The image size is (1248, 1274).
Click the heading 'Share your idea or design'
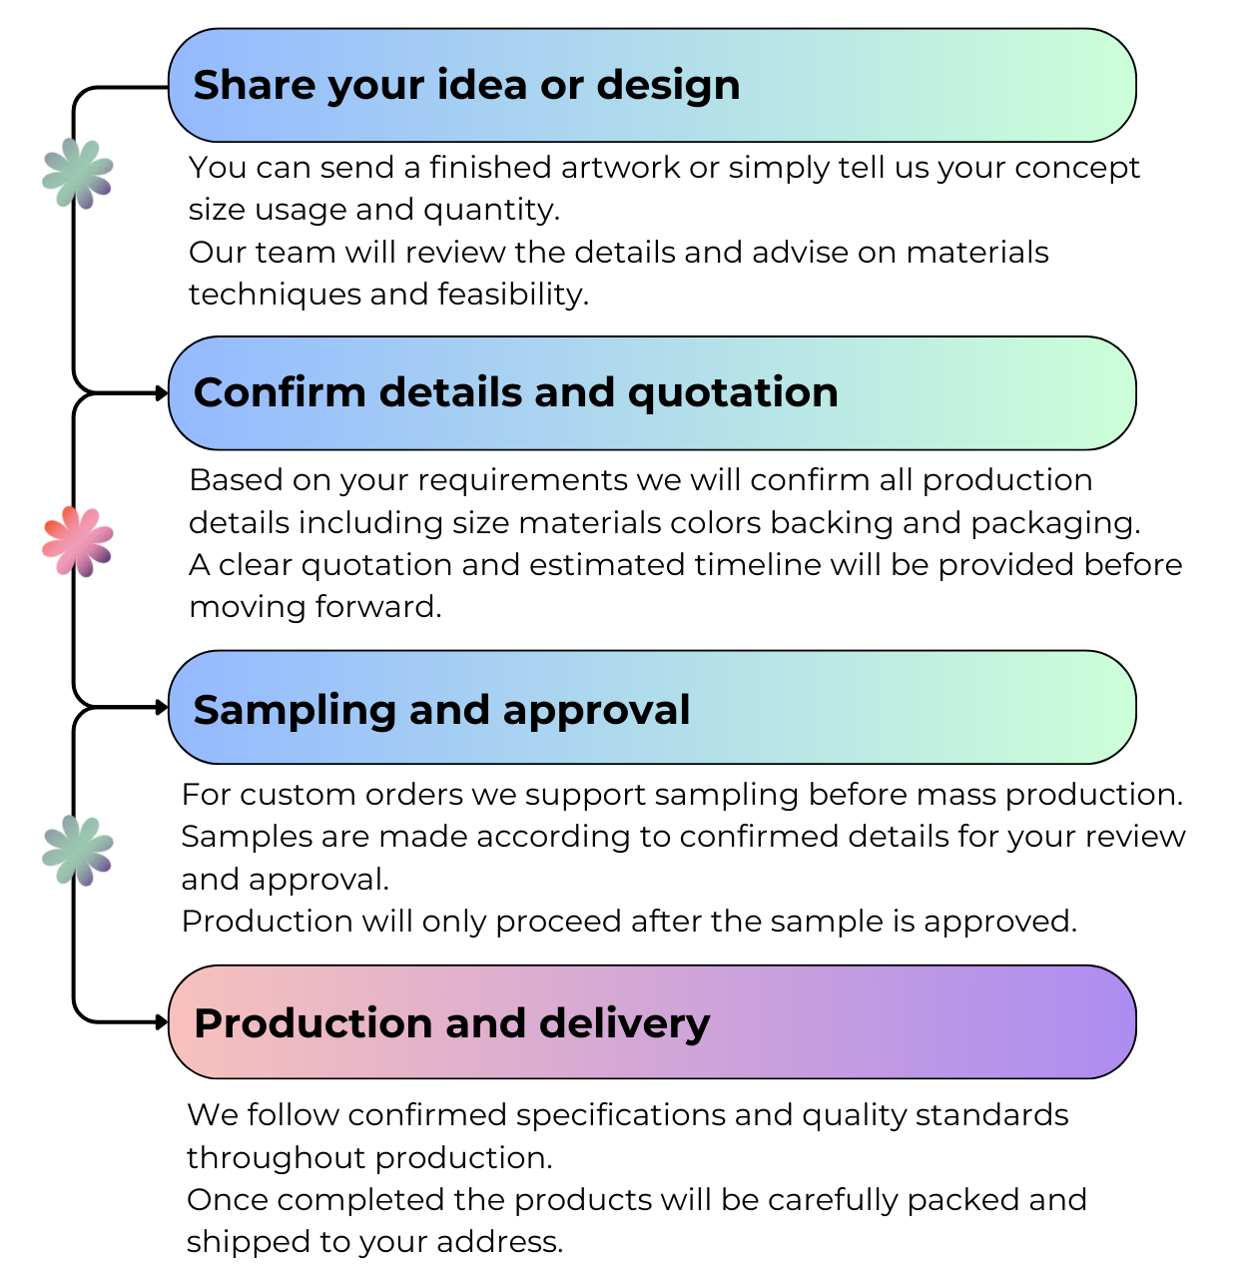[466, 86]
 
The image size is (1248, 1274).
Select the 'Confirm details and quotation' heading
[515, 393]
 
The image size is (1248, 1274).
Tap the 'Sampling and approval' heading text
[441, 710]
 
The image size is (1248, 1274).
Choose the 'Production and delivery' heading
[451, 1024]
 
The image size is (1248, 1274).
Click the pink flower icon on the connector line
[78, 541]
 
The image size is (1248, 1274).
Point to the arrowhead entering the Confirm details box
[162, 393]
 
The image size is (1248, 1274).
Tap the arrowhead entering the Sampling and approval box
[162, 708]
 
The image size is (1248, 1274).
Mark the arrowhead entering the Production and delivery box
[162, 1022]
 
